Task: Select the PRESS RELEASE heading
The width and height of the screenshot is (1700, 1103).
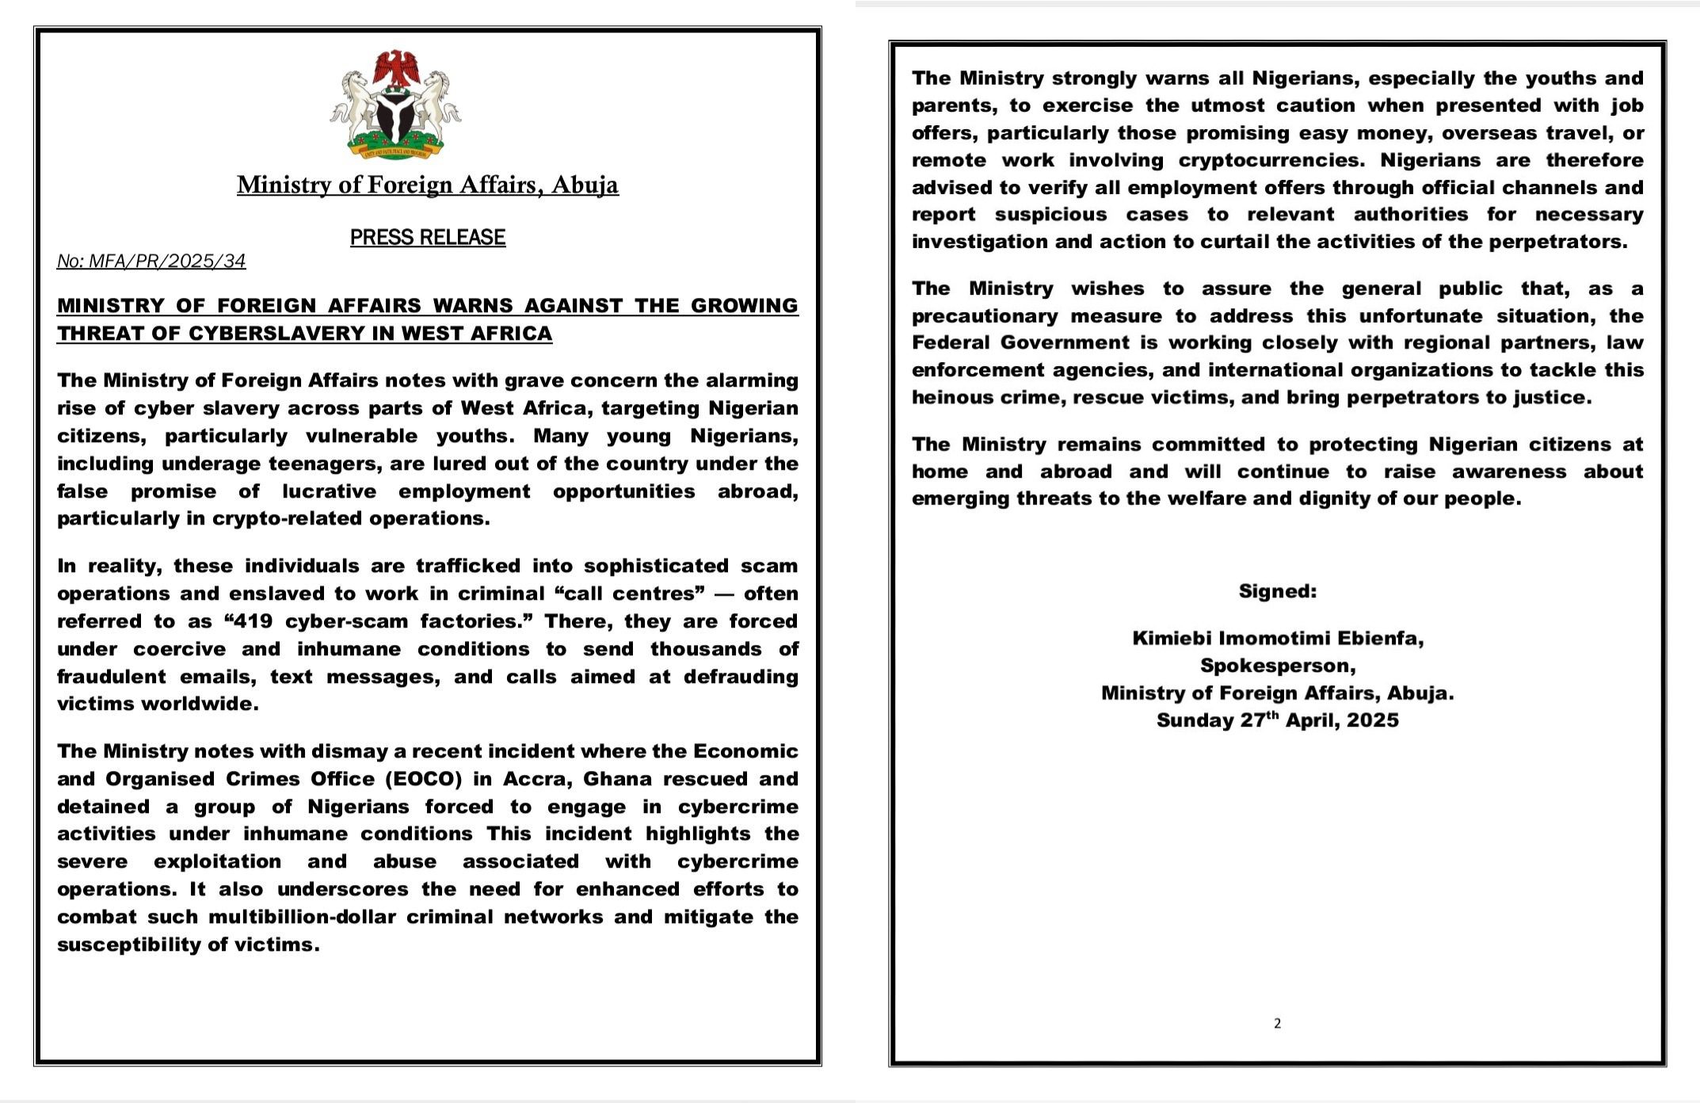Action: pyautogui.click(x=428, y=237)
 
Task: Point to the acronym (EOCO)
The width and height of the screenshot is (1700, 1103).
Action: pyautogui.click(x=424, y=779)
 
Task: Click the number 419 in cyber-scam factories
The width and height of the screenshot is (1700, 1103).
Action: pyautogui.click(x=254, y=621)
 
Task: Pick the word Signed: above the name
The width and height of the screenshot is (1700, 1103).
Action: pyautogui.click(x=1278, y=591)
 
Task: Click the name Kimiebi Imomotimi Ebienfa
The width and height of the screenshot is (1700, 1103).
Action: pyautogui.click(x=1278, y=638)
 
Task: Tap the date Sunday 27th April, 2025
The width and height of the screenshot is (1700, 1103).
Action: pyautogui.click(x=1278, y=720)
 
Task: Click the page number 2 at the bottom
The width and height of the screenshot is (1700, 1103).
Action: pyautogui.click(x=1277, y=1024)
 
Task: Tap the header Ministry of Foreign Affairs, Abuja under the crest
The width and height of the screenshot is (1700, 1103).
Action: pyautogui.click(x=428, y=185)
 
